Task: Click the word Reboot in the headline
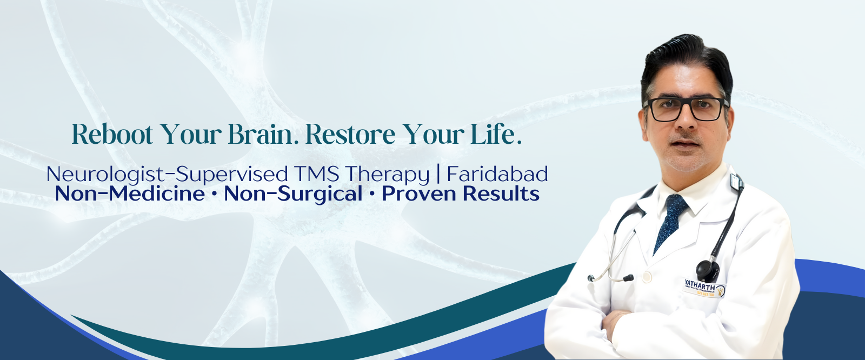tap(112, 134)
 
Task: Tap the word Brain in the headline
tap(262, 134)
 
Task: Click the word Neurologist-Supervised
tap(167, 175)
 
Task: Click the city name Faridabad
tap(497, 174)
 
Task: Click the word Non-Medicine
tap(130, 194)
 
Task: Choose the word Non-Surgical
tap(293, 194)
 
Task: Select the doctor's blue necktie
tap(669, 222)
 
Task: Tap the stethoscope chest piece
tap(708, 270)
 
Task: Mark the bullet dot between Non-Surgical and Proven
tap(372, 194)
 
